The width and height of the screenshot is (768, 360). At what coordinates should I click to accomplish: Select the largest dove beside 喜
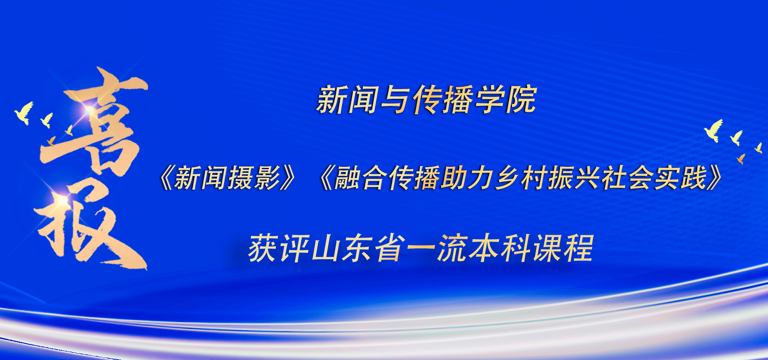(24, 113)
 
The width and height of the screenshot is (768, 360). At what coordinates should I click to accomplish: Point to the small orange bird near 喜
(51, 141)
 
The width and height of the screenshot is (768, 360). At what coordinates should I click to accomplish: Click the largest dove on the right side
(714, 130)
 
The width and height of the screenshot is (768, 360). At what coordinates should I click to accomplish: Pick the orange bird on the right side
(741, 159)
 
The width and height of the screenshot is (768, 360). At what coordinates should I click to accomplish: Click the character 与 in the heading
(396, 100)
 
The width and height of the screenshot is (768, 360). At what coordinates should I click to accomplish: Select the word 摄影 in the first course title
(254, 178)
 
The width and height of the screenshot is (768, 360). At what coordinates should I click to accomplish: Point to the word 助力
(467, 178)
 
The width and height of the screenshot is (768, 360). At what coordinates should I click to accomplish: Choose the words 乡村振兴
(547, 178)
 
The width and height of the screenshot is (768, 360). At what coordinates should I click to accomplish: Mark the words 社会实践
(654, 178)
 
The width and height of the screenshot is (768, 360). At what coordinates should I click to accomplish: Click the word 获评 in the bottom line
(278, 248)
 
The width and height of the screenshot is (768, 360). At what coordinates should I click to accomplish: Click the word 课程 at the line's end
(562, 248)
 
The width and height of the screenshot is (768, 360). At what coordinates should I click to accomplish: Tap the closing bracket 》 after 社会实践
(714, 178)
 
